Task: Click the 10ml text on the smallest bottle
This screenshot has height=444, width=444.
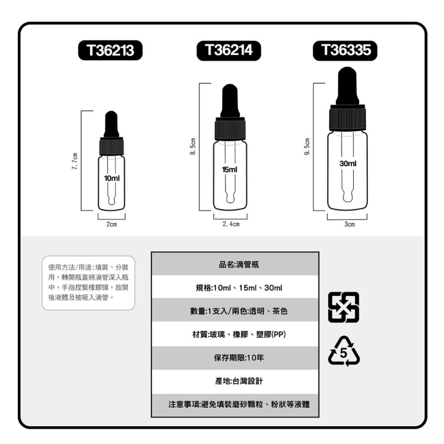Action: point(111,178)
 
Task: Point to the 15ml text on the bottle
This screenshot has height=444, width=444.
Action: point(230,170)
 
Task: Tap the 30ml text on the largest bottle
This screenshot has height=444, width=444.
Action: point(348,164)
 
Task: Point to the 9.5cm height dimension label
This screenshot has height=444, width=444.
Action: point(307,147)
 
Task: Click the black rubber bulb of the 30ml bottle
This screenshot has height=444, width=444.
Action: point(347,85)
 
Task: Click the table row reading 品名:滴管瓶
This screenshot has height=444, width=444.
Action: point(235,265)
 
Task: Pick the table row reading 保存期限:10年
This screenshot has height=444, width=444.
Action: point(235,358)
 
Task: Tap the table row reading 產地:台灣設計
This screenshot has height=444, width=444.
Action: point(235,381)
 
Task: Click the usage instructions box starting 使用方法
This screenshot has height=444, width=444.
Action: point(88,282)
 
